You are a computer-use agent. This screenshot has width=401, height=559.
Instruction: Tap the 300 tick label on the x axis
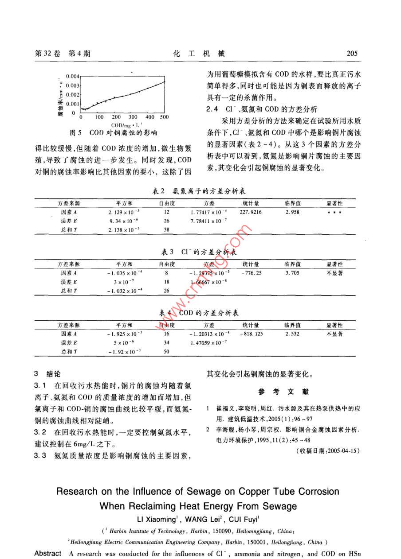tap(133, 117)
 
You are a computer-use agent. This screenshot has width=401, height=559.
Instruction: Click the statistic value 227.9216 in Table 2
tap(251, 212)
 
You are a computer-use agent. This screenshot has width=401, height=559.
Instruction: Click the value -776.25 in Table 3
tap(251, 273)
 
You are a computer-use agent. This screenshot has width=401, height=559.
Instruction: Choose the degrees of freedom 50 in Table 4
tap(167, 351)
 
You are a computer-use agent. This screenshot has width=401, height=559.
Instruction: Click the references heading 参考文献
tap(283, 392)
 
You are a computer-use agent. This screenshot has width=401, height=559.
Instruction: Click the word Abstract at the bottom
tap(47, 554)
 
